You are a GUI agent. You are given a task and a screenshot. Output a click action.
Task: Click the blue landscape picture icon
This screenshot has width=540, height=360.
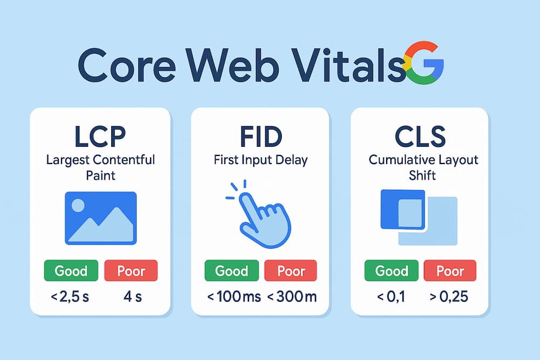100,218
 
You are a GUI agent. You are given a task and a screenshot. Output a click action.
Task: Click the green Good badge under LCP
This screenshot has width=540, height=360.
71,270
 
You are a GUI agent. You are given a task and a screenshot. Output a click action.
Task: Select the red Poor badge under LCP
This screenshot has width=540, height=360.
130,270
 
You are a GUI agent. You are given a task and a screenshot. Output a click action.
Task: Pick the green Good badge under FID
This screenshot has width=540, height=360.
231,270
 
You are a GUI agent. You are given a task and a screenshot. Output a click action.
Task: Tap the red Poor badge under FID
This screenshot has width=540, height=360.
291,270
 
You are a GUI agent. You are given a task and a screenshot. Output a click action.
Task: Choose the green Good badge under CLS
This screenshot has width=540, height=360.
391,270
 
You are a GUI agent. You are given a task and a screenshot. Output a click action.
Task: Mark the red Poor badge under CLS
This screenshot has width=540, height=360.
450,270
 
